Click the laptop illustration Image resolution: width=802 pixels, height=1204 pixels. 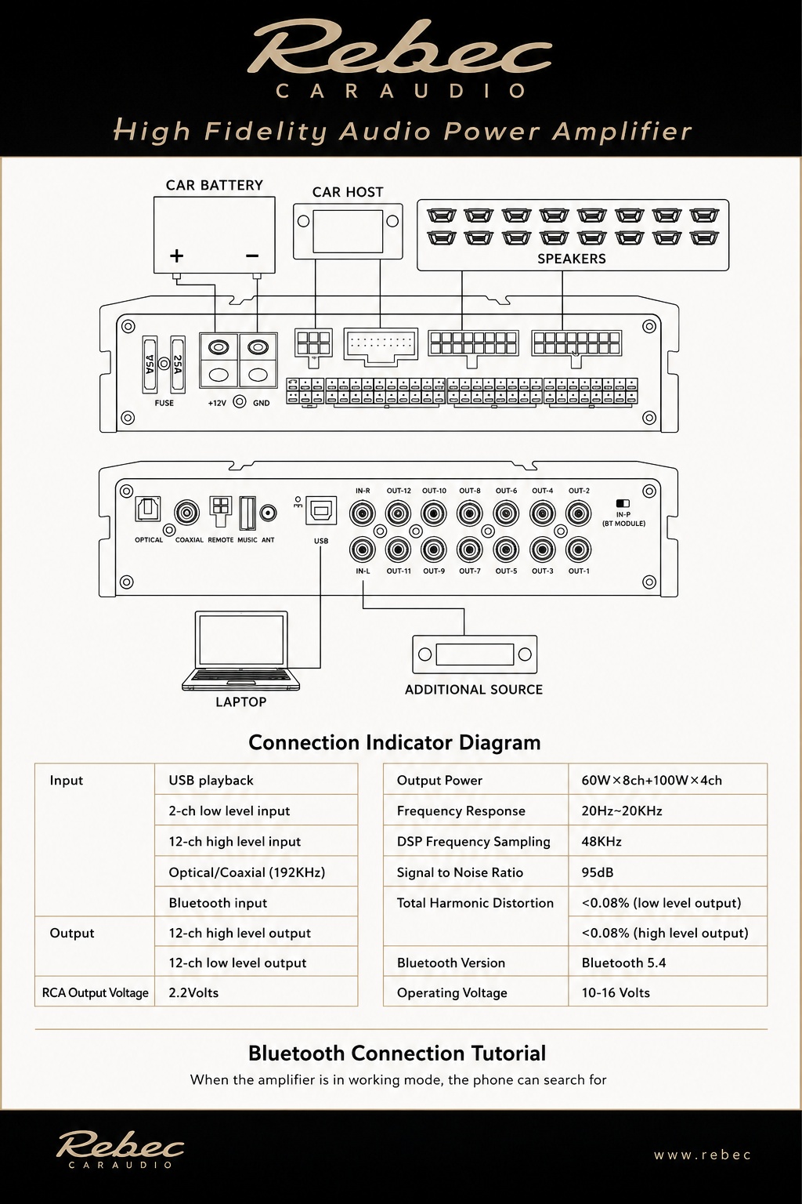pos(240,651)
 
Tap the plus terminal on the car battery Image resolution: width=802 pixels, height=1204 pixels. pos(176,256)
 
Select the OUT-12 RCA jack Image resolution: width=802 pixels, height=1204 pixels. pos(398,514)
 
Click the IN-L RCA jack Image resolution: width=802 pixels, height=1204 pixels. pos(363,549)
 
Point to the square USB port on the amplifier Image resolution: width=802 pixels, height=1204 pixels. pos(321,510)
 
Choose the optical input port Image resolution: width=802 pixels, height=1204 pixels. pos(148,509)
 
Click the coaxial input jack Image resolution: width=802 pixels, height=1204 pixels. pos(187,513)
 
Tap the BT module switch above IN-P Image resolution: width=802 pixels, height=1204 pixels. pos(623,504)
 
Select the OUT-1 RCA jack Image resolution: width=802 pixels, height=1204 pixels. pos(579,549)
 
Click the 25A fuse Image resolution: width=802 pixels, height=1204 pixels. pos(178,364)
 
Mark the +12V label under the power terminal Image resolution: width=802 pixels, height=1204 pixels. pos(217,403)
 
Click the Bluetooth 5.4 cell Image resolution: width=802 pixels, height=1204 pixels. pos(623,963)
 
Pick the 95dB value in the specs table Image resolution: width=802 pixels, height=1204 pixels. pos(598,872)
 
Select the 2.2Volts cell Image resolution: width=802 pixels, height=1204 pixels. pos(193,993)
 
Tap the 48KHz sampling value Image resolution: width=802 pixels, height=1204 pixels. pos(601,842)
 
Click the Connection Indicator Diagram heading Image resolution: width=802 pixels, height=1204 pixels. pos(394,742)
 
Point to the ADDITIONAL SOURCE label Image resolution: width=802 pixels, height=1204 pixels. pos(474,690)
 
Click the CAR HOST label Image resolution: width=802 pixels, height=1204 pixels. pos(348,192)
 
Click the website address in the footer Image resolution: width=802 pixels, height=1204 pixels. pos(702,1155)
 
